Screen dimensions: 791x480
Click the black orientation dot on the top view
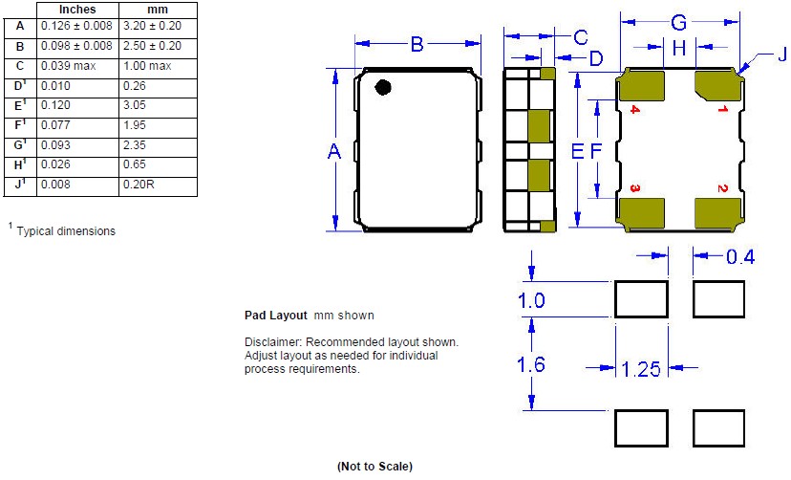[x=383, y=87]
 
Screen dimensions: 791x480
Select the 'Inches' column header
[x=77, y=10]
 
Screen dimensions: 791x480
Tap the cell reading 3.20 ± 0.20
[x=152, y=26]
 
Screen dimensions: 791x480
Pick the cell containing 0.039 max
[x=69, y=66]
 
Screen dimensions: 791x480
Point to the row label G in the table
[x=20, y=145]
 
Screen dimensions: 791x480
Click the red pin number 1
[x=722, y=108]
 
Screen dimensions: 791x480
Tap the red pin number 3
[x=635, y=188]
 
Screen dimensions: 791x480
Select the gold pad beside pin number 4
[x=642, y=86]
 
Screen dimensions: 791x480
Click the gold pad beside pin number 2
[x=717, y=213]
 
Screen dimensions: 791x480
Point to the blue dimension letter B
[x=417, y=44]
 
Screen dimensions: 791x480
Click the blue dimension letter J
[x=781, y=54]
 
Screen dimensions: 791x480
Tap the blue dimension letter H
[x=679, y=48]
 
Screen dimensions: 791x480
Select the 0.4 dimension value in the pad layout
[x=740, y=257]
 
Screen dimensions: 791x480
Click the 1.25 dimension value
[x=641, y=369]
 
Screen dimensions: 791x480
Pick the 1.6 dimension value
[x=531, y=364]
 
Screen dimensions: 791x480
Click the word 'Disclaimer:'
[x=273, y=342]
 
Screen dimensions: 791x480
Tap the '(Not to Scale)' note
[x=374, y=467]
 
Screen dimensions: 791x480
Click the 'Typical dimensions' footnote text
[x=66, y=231]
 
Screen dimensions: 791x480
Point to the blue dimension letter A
[x=334, y=151]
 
